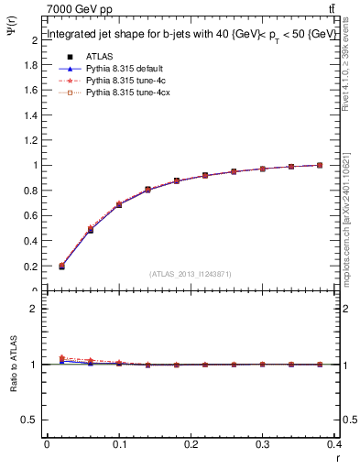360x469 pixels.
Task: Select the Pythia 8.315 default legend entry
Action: pos(120,69)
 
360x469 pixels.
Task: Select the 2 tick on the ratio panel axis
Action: pos(35,309)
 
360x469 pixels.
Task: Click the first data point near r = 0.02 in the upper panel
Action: pos(61,267)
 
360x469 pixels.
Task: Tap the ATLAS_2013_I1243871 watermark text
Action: pos(191,274)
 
